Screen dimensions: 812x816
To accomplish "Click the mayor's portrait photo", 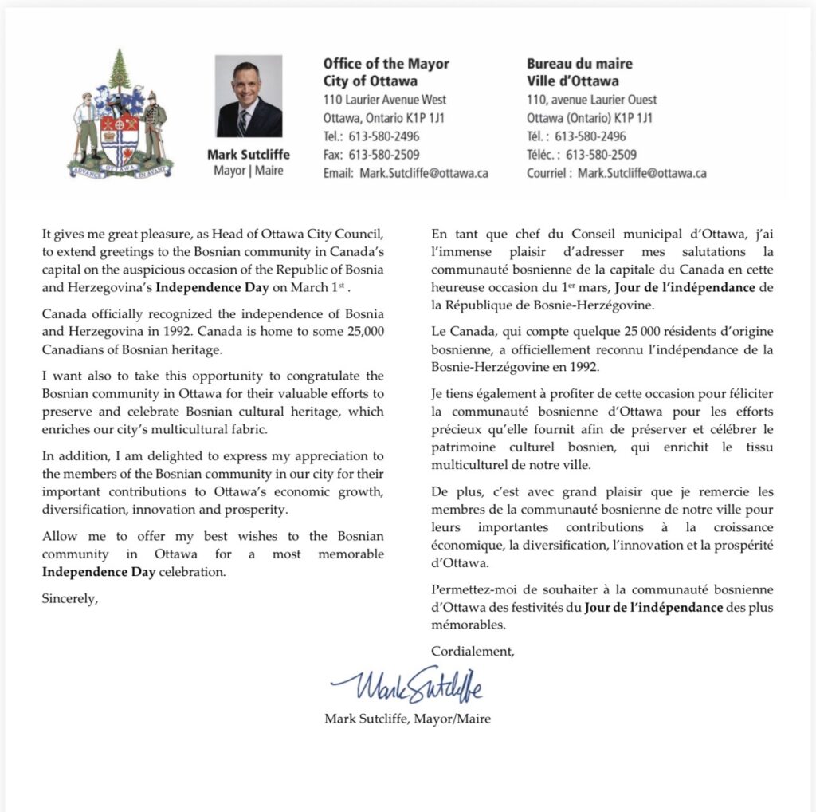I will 249,97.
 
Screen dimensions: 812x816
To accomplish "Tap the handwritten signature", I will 406,684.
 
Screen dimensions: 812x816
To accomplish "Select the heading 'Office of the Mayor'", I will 386,64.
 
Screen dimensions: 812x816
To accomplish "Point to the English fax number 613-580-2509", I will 384,155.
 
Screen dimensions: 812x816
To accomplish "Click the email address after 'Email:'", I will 424,173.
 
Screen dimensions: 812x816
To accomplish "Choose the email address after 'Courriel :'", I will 641,173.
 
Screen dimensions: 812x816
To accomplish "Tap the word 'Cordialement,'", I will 473,651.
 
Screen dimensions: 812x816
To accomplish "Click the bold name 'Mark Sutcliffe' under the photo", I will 249,155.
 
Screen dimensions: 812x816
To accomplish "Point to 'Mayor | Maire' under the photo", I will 249,171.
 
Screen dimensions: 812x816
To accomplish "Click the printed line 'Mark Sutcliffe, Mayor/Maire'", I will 407,719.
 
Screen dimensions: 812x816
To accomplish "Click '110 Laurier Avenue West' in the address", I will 385,101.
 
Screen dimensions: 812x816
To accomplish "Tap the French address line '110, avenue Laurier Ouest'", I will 591,101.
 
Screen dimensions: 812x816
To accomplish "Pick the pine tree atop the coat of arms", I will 120,70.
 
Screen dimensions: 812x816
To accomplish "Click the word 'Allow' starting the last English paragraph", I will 60,536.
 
